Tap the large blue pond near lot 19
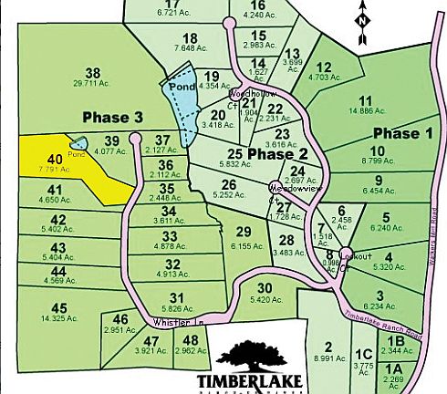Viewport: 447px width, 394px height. (179, 100)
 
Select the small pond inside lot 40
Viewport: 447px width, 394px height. (77, 144)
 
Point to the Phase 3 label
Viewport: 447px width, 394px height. (112, 118)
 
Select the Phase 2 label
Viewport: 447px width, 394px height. (275, 154)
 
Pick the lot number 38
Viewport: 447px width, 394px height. (91, 73)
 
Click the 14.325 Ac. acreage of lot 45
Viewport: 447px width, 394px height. (59, 318)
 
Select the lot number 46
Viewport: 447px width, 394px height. (120, 318)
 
